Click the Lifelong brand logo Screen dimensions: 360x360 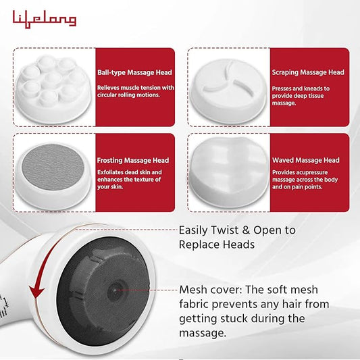pyautogui.click(x=45, y=20)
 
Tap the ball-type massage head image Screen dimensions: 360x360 pyautogui.click(x=53, y=88)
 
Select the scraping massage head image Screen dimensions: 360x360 pyautogui.click(x=228, y=91)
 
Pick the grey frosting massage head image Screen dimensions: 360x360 pyautogui.click(x=53, y=175)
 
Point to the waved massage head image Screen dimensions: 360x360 pyautogui.click(x=229, y=172)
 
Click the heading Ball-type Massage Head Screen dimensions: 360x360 pyautogui.click(x=134, y=72)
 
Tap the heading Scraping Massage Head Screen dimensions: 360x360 pyautogui.click(x=308, y=72)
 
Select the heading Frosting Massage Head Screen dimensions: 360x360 pyautogui.click(x=133, y=160)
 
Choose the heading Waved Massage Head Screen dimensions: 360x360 pyautogui.click(x=306, y=160)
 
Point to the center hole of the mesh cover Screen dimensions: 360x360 pyautogui.click(x=115, y=290)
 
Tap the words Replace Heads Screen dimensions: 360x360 pyautogui.click(x=217, y=245)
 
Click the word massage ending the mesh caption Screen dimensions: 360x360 pyautogui.click(x=203, y=334)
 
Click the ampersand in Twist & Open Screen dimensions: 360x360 pyautogui.click(x=246, y=230)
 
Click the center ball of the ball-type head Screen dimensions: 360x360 pyautogui.click(x=53, y=79)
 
